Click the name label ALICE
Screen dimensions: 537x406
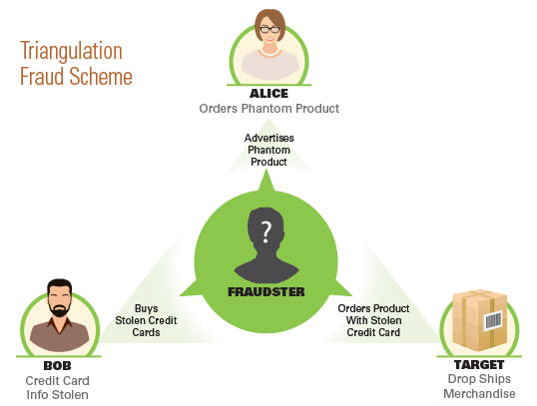[268, 94]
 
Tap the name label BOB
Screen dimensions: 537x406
[58, 366]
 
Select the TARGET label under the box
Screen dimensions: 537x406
[479, 365]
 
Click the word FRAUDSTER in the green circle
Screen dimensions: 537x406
[267, 292]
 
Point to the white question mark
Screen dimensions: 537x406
[267, 232]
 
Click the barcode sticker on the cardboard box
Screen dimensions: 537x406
[493, 320]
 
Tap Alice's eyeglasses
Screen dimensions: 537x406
[269, 30]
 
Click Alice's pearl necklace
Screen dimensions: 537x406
[269, 53]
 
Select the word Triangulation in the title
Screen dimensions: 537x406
[71, 51]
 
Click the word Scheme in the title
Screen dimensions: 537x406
[101, 76]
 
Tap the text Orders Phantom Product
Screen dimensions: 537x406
[269, 109]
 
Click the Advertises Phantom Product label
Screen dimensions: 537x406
[268, 150]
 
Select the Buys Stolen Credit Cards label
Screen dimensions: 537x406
[146, 320]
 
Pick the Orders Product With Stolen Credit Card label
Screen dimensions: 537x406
[373, 320]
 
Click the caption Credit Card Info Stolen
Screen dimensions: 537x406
[58, 387]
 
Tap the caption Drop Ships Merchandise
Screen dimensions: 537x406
[479, 386]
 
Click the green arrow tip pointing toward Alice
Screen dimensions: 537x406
[267, 171]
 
